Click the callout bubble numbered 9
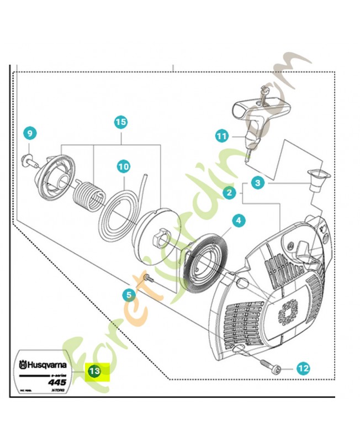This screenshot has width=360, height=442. (30, 133)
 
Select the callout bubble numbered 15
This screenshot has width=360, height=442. (121, 122)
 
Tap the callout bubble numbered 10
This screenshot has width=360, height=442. (123, 165)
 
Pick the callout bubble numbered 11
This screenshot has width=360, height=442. (221, 135)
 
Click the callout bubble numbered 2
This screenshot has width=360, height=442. (227, 193)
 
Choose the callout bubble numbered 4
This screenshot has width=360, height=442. (238, 220)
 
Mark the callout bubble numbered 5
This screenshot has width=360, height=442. (129, 295)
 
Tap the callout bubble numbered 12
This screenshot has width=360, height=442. (303, 367)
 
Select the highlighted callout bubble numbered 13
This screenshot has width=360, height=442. (94, 371)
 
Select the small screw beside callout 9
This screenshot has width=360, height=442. (29, 160)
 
